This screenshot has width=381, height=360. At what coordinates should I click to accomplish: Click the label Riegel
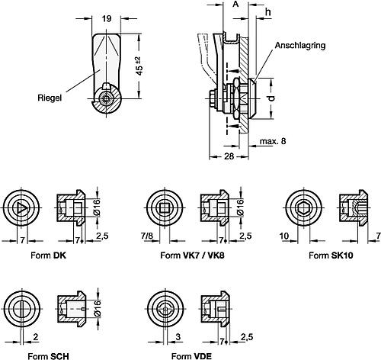(49, 98)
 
